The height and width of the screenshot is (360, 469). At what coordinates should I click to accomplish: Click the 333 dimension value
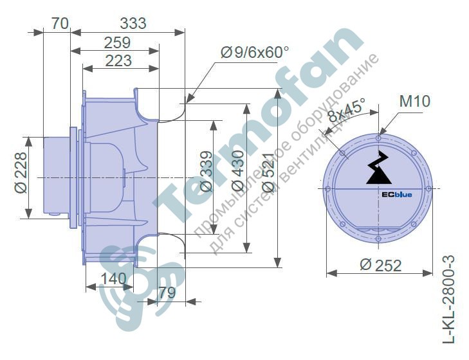pos(133,23)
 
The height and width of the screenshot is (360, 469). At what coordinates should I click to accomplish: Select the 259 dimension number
pos(117,43)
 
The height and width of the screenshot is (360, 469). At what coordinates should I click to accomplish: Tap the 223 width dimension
pos(118,60)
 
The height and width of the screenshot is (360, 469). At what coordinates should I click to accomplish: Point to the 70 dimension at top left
pos(60,23)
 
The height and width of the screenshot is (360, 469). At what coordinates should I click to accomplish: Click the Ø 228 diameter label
pos(21,173)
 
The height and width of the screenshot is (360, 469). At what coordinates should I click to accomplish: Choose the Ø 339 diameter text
pos(207,172)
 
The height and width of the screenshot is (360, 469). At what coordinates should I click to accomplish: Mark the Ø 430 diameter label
pos(238,171)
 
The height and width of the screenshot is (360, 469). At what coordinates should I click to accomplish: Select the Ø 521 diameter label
pos(268,172)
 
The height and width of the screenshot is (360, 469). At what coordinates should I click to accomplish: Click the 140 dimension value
pos(114,279)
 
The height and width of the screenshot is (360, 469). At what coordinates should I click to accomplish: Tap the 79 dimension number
pos(167,292)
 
